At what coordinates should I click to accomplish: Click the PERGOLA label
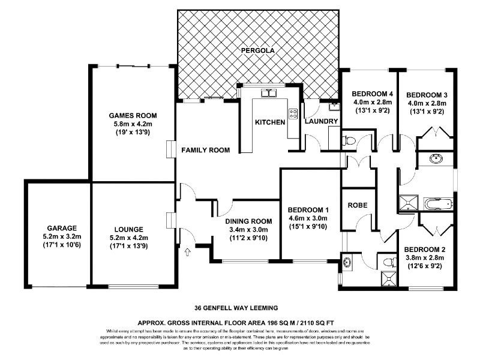(257, 51)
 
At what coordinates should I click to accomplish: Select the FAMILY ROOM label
(206, 150)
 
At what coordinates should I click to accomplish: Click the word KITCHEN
(270, 122)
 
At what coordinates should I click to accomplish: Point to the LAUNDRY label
(322, 122)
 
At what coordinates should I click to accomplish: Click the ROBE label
(358, 205)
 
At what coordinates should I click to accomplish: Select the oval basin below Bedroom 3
(436, 159)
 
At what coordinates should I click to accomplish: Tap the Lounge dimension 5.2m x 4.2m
(127, 237)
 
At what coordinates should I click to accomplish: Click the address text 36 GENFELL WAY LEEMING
(240, 310)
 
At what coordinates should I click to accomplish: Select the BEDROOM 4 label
(372, 94)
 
